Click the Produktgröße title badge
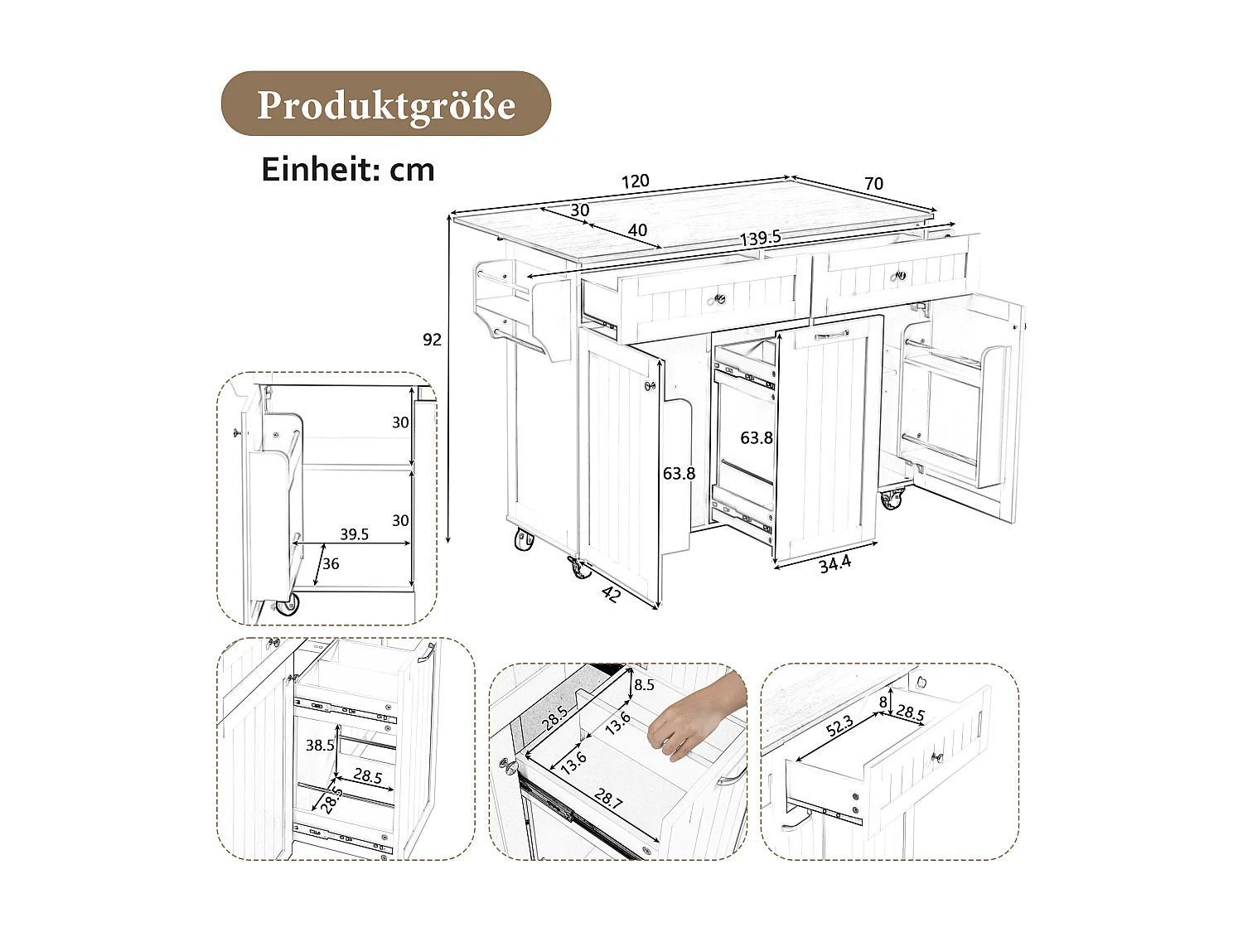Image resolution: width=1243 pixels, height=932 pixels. (385, 104)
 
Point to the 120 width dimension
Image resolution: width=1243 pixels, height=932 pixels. (636, 181)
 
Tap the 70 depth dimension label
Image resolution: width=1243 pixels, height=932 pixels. (873, 184)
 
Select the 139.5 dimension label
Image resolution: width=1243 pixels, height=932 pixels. (760, 238)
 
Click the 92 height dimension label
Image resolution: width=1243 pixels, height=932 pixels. (432, 340)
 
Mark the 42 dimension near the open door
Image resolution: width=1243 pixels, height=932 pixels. (610, 593)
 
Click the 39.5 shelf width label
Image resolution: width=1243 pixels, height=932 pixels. (354, 534)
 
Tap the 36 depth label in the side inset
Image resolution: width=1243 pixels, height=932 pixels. (331, 564)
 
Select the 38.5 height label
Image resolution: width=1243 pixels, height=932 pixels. (319, 745)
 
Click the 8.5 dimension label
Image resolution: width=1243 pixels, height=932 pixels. (644, 685)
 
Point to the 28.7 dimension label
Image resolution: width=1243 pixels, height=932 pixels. (608, 799)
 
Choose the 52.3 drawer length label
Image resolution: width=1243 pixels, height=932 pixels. (839, 727)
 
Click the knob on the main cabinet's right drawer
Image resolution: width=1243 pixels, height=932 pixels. (901, 276)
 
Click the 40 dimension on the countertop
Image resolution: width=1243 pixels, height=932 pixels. (637, 230)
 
